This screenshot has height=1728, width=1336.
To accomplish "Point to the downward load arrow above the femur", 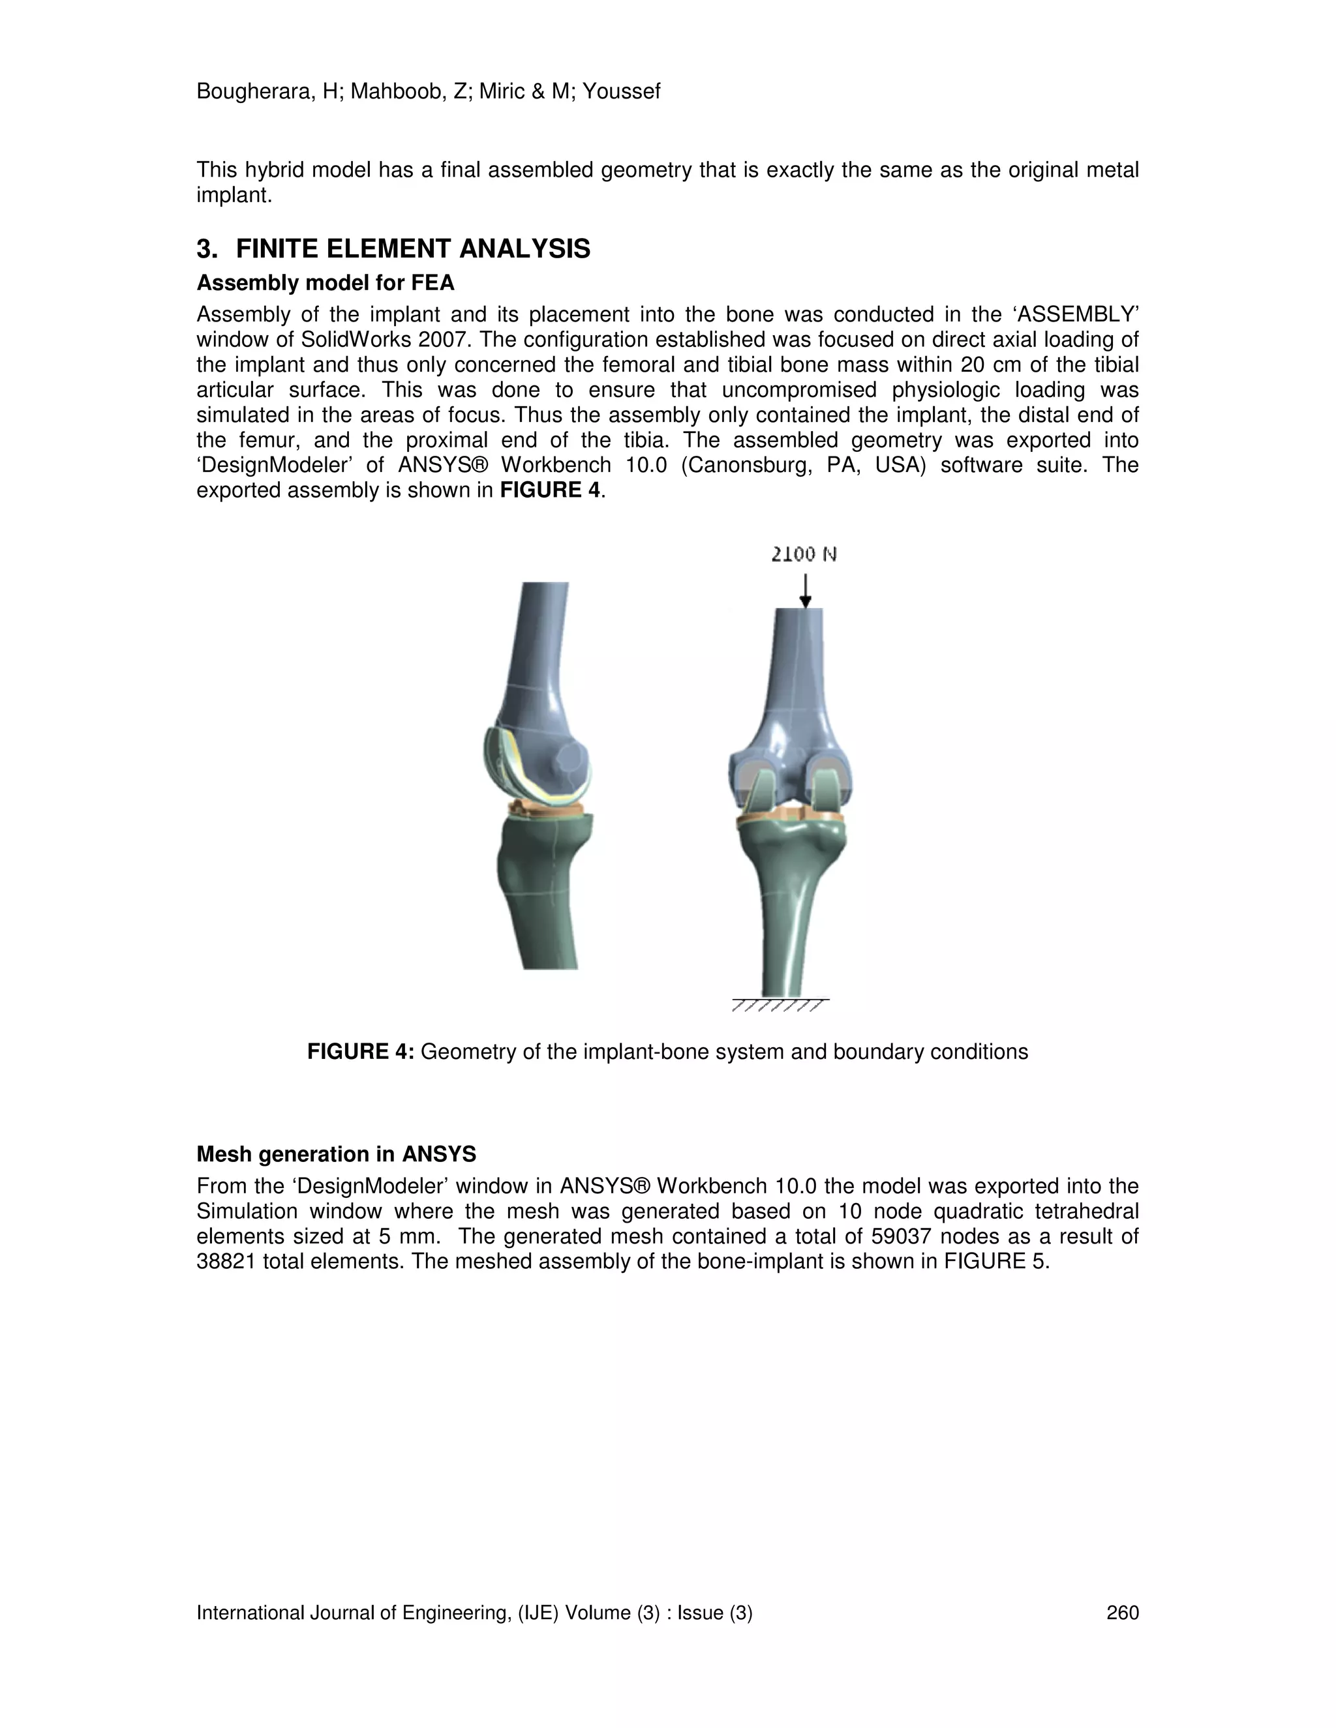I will click(805, 590).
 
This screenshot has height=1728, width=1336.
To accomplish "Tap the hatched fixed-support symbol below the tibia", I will click(780, 1005).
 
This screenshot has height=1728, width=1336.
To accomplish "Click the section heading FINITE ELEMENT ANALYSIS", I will click(412, 249).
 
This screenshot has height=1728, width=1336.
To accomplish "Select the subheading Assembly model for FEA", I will click(326, 282).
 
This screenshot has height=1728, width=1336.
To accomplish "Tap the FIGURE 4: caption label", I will click(360, 1052).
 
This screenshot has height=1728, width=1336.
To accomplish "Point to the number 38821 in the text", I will click(226, 1261).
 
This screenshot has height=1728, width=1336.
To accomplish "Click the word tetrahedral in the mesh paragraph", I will click(1082, 1212).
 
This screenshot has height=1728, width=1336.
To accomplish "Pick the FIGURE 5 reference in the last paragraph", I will click(995, 1261).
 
